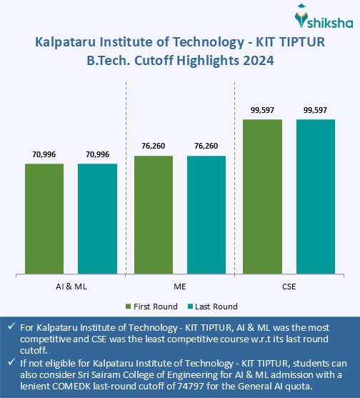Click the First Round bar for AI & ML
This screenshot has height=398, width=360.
point(44,218)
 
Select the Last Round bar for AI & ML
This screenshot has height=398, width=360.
point(97,218)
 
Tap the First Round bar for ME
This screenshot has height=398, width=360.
point(153,214)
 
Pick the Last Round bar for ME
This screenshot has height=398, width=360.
point(206,214)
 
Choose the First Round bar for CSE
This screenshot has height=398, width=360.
point(262,196)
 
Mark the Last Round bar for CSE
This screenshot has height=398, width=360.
point(316,196)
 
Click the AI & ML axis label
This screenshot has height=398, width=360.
point(71,285)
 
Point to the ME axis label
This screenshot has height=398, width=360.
point(180,285)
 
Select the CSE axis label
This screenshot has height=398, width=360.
point(289,285)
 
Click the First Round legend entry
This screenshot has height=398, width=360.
point(151,307)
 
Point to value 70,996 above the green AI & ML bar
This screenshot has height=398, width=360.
point(44,154)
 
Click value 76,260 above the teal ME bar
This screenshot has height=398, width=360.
point(206,146)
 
